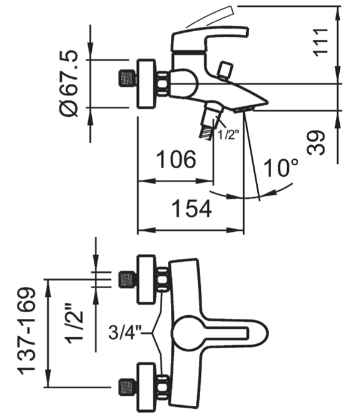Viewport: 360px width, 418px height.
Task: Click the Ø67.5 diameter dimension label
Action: point(69,83)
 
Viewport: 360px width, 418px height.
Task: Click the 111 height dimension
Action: point(321,42)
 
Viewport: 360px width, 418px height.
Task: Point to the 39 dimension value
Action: point(317,143)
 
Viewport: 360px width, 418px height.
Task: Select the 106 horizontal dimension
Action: point(176,159)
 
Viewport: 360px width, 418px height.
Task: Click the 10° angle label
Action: point(280,168)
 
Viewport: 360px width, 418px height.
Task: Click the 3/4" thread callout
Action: point(124,332)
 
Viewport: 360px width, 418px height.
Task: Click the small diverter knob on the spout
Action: point(224,70)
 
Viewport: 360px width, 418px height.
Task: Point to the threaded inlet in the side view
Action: point(127,78)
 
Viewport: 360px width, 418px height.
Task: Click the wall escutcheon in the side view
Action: point(146,84)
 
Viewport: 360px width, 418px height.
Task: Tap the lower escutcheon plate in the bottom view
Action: point(146,387)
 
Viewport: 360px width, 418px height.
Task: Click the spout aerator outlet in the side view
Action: point(244,109)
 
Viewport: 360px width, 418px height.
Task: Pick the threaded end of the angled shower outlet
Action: point(207,133)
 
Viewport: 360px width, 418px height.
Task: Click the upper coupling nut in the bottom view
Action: point(162,280)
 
